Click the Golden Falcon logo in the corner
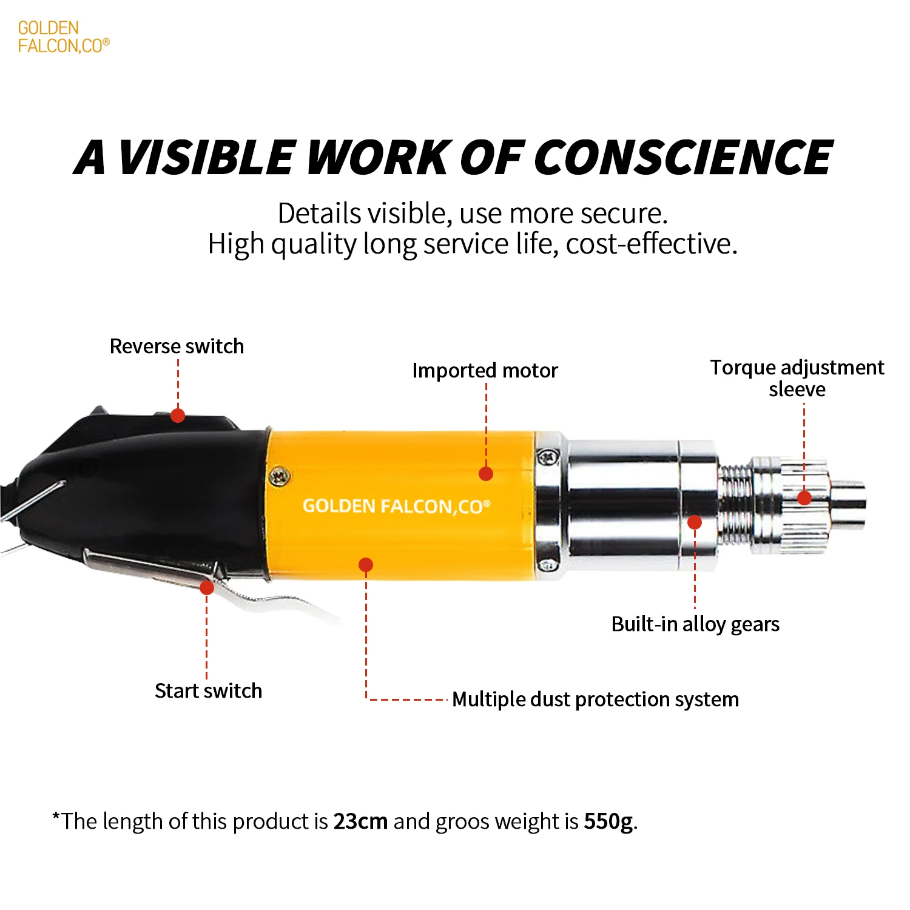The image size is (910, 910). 63,37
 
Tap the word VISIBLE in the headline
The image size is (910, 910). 206,158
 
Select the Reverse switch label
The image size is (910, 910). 177,346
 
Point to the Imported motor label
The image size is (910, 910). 485,371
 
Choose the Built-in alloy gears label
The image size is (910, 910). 695,624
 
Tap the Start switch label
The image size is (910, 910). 208,691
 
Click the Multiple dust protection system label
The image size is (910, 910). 595,699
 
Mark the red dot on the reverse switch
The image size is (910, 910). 178,416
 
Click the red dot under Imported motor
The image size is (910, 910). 486,474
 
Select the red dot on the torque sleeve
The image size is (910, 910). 804,498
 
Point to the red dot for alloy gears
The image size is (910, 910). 695,522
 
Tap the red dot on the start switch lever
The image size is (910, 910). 207,587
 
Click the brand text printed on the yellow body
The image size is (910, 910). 396,507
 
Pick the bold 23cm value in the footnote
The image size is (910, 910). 360,821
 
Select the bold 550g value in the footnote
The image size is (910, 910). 608,821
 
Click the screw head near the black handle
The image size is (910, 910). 280,477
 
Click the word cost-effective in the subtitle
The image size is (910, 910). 652,244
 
